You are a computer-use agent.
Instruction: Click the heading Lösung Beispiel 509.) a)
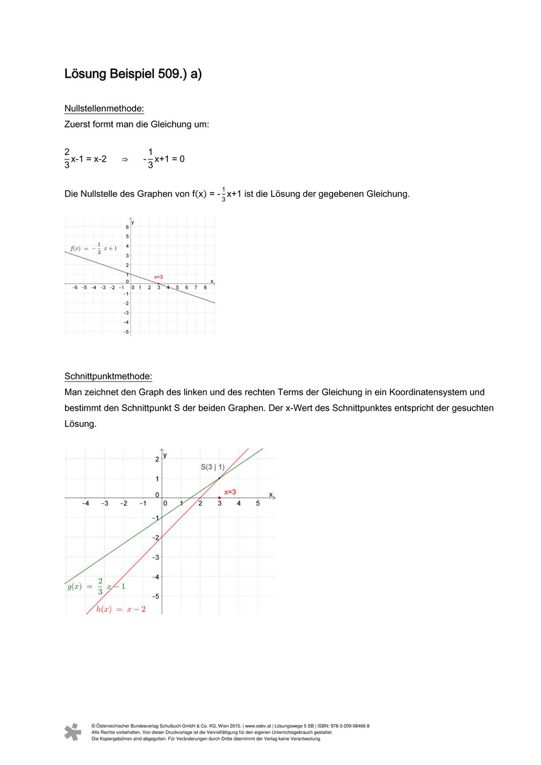coord(133,74)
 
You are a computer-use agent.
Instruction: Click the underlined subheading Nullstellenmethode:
coord(104,109)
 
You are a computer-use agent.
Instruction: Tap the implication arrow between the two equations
coord(125,159)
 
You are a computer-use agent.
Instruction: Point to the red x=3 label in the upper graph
coord(158,276)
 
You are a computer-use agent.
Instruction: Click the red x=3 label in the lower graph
coord(230,492)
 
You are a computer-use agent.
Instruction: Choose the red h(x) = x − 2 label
coord(121,609)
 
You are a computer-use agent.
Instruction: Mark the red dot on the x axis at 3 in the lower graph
coord(219,498)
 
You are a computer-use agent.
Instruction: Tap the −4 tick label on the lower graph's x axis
coord(86,504)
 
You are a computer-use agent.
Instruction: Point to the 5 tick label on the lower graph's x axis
coord(258,504)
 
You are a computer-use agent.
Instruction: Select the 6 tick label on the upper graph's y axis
coord(127,226)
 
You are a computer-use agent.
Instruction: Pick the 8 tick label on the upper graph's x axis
coord(205,287)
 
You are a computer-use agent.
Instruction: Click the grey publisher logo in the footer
coord(73,732)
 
